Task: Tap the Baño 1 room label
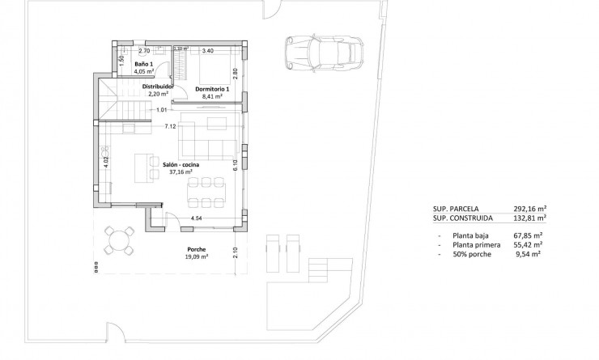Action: pyautogui.click(x=144, y=63)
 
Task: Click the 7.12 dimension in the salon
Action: pyautogui.click(x=170, y=126)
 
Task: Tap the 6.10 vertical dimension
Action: pyautogui.click(x=235, y=165)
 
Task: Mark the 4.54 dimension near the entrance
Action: pyautogui.click(x=197, y=218)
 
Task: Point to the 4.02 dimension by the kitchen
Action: pyautogui.click(x=106, y=163)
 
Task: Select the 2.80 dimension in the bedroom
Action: pyautogui.click(x=235, y=72)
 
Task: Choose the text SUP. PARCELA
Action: pyautogui.click(x=457, y=208)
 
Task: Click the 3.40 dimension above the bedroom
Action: pyautogui.click(x=207, y=51)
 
